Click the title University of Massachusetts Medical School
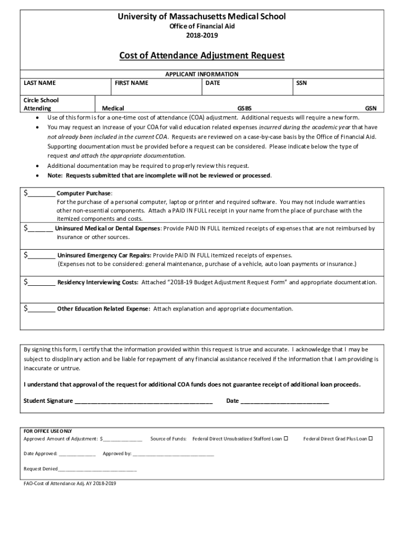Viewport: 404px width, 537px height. point(201,16)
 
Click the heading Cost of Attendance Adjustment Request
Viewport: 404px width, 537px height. point(201,55)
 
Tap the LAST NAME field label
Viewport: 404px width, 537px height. point(40,83)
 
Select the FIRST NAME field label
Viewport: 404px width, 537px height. point(131,83)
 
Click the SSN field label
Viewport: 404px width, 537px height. point(301,83)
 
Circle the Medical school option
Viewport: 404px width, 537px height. point(113,109)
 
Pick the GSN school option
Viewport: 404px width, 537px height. point(370,109)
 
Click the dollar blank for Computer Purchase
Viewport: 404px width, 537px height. point(41,194)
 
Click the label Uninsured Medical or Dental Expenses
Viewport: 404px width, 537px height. point(108,229)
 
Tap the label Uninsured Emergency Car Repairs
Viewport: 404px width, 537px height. point(104,255)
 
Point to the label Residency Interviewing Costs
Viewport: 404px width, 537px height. point(98,282)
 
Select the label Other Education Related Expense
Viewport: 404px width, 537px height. point(103,309)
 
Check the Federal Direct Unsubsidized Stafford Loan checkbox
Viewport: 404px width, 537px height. point(286,438)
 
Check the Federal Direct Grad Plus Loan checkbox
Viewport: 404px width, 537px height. point(370,438)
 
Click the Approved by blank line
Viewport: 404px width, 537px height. point(173,454)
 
